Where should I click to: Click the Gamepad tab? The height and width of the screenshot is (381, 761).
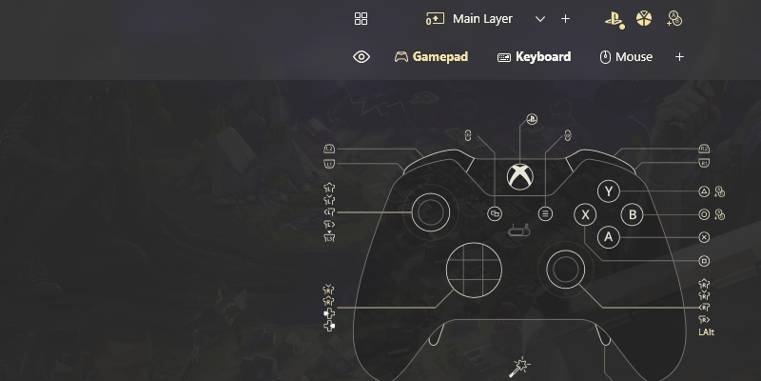click(x=432, y=57)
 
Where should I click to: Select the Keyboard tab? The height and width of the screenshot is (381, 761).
click(x=534, y=57)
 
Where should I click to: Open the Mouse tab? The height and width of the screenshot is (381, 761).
click(x=626, y=57)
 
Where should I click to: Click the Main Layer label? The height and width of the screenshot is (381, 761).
click(x=482, y=19)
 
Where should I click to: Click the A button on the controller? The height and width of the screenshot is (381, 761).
click(x=610, y=237)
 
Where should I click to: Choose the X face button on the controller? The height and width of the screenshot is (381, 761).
click(x=586, y=215)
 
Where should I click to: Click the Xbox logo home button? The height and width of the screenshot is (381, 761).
click(x=519, y=176)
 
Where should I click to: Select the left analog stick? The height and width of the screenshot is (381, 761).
click(x=431, y=212)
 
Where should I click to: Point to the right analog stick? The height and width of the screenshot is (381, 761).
click(x=564, y=270)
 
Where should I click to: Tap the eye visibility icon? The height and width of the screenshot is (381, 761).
click(x=361, y=57)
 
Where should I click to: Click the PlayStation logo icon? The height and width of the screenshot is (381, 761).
click(x=615, y=19)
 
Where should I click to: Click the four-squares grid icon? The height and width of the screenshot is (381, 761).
click(x=361, y=19)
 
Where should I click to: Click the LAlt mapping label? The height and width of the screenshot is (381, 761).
click(x=706, y=331)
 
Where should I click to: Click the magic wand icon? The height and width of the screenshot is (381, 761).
click(x=520, y=366)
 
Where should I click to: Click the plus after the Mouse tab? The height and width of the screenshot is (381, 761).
click(x=679, y=57)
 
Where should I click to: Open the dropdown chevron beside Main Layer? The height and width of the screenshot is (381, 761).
click(x=540, y=19)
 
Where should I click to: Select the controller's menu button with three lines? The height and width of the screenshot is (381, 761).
click(x=545, y=214)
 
